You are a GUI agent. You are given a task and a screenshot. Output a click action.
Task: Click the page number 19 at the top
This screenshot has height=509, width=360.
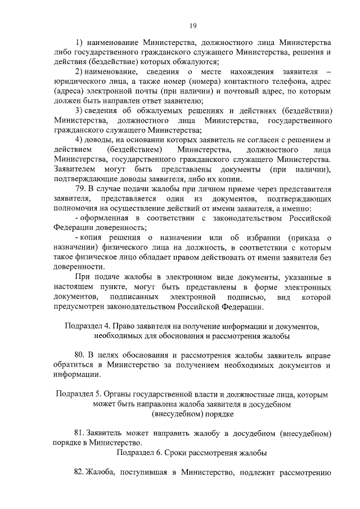click(x=192, y=25)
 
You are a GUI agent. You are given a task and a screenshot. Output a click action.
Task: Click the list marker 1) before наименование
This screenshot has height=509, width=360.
click(x=79, y=43)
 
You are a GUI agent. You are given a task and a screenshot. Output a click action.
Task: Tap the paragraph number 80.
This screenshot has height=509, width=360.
click(x=80, y=355)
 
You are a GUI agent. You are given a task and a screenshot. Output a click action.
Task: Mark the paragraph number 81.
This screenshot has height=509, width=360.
click(x=80, y=433)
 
